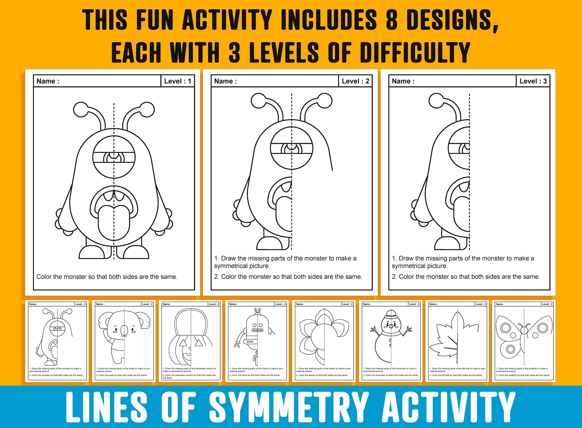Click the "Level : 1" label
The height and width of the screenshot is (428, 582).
178,81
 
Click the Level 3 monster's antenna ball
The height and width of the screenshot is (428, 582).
436,101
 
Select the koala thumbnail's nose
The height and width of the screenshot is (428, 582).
124,330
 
